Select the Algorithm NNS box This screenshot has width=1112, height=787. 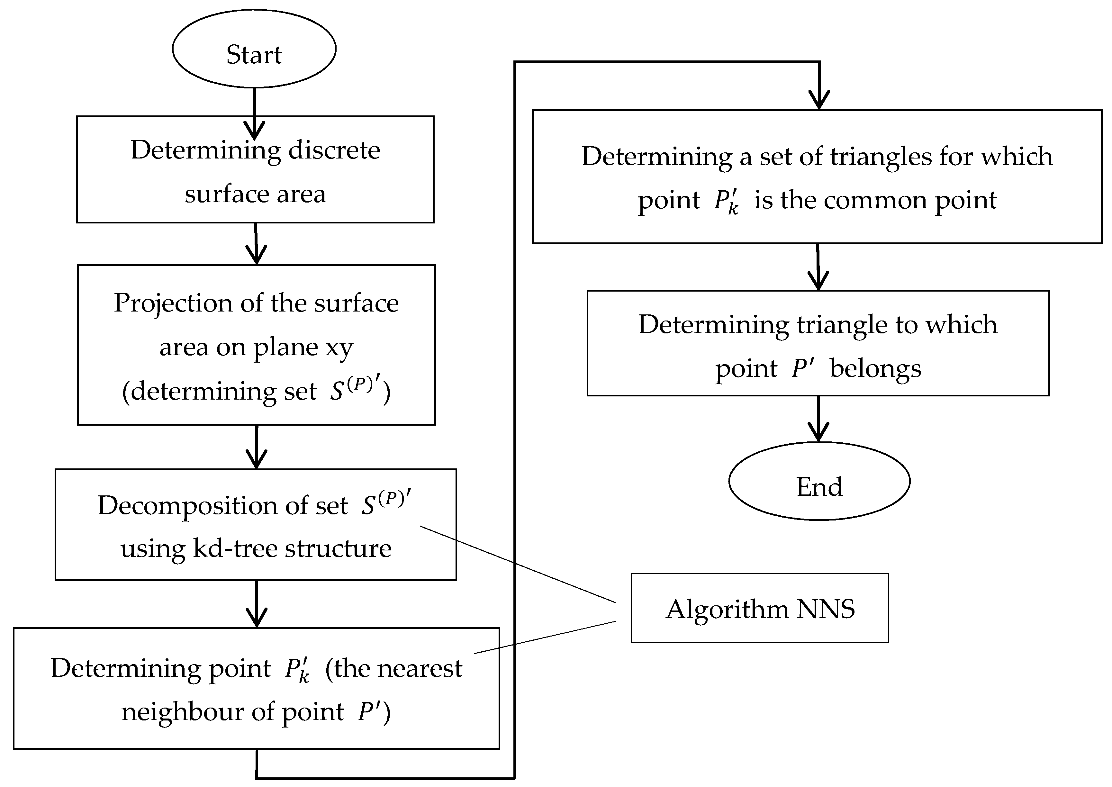point(759,609)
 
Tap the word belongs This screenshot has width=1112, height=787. point(875,368)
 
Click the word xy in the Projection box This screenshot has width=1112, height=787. point(339,347)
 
